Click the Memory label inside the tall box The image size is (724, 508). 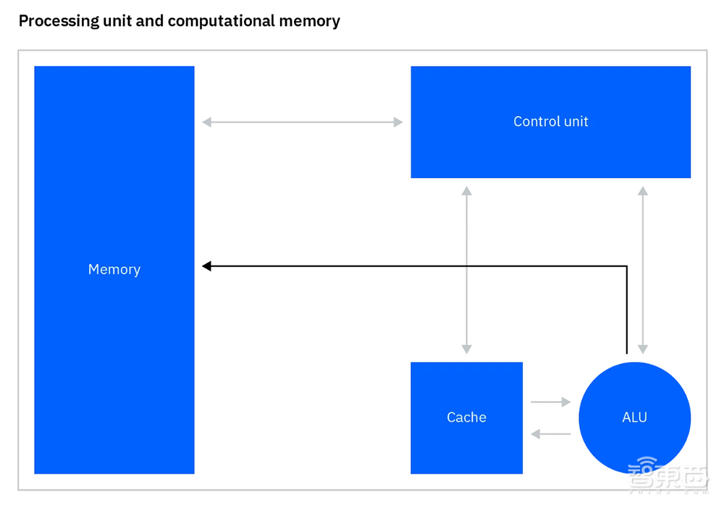click(114, 269)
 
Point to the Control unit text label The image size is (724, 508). click(550, 122)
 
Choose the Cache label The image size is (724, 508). click(466, 418)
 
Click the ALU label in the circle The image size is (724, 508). click(634, 418)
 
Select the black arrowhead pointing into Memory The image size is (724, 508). click(206, 266)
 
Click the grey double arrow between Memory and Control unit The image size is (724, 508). click(303, 122)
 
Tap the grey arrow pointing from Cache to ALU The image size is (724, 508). click(550, 402)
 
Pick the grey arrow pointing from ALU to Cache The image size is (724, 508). click(550, 434)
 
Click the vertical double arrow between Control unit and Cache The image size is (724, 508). click(467, 270)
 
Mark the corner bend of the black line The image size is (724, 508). click(626, 266)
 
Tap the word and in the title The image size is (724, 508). click(151, 21)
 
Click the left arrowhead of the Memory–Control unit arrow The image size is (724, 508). click(207, 122)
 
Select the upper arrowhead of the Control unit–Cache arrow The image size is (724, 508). click(467, 191)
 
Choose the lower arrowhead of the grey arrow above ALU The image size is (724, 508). click(642, 349)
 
